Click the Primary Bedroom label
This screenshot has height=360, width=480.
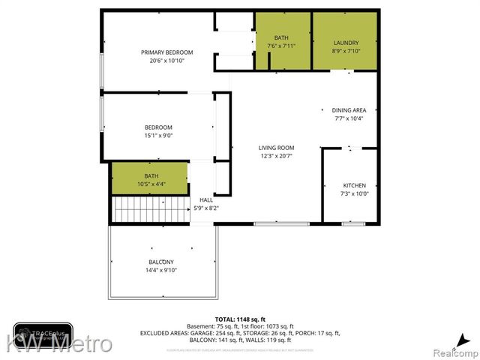tap(167, 52)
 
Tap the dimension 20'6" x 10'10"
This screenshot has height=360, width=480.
tap(167, 61)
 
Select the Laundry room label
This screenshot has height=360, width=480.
tap(346, 43)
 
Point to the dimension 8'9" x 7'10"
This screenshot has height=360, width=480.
tap(346, 51)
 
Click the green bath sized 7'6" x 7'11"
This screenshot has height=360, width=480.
tap(282, 42)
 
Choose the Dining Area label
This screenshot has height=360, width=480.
tap(349, 110)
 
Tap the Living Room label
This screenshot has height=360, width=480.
tap(277, 148)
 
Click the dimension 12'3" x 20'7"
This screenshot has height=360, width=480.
tap(277, 156)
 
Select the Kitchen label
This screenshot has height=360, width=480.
tap(355, 185)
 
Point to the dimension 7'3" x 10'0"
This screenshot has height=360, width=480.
tap(355, 193)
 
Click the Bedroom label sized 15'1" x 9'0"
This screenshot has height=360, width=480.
tap(158, 127)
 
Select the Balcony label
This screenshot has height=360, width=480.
tap(161, 262)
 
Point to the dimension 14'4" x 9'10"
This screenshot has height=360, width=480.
tap(161, 270)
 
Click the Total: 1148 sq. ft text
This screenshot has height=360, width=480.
tap(239, 319)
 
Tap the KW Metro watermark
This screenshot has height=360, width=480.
tap(60, 344)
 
